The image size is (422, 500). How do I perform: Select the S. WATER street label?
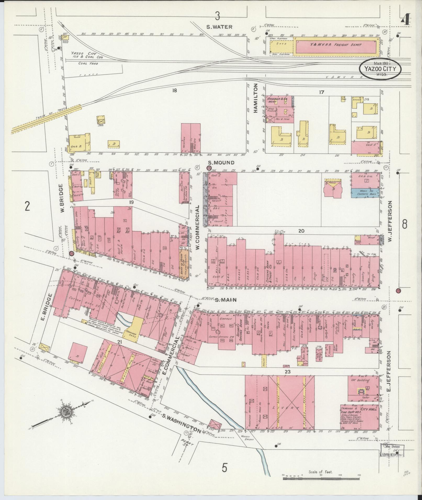click(x=219, y=27)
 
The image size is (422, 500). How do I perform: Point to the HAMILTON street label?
click(x=256, y=98)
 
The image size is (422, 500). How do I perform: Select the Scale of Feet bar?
click(x=321, y=479)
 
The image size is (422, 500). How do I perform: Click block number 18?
click(x=175, y=91)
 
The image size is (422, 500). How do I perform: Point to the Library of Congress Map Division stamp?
click(x=392, y=450)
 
